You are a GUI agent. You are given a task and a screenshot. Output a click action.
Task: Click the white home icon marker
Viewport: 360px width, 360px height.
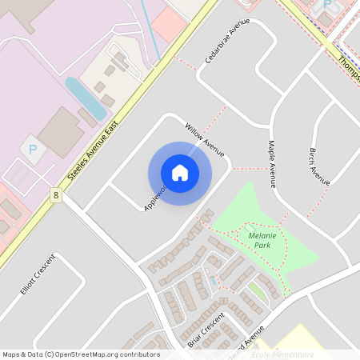point(180,173)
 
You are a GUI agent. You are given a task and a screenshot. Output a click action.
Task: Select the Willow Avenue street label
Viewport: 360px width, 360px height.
point(204,139)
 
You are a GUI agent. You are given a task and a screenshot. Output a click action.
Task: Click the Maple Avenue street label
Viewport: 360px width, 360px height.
point(272,165)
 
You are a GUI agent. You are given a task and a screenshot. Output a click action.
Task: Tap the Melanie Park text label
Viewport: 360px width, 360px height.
point(262,240)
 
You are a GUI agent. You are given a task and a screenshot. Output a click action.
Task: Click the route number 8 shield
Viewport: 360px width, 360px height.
point(56,195)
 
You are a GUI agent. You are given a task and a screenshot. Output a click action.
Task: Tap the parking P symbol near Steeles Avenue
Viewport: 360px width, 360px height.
point(33,149)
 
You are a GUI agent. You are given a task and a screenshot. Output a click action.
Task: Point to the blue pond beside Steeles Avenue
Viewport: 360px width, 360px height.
point(85,98)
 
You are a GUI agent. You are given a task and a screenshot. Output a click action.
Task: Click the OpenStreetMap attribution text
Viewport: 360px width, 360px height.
point(80,354)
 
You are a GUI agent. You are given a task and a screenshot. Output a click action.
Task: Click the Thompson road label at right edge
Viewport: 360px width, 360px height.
point(349,69)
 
